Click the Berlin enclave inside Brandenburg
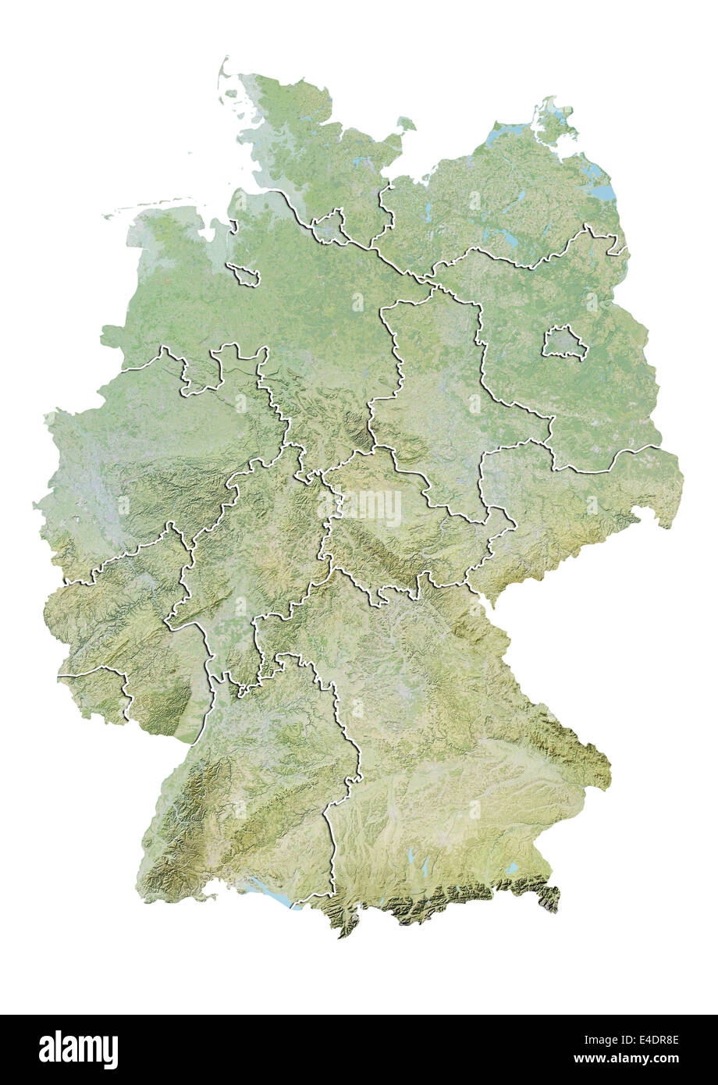(x=564, y=343)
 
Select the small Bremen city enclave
(x=243, y=274)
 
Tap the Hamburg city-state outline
(x=329, y=225)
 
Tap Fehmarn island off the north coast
(x=406, y=123)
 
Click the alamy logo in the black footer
(x=78, y=1050)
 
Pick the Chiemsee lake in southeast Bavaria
(x=512, y=867)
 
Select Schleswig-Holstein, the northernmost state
(x=312, y=148)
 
